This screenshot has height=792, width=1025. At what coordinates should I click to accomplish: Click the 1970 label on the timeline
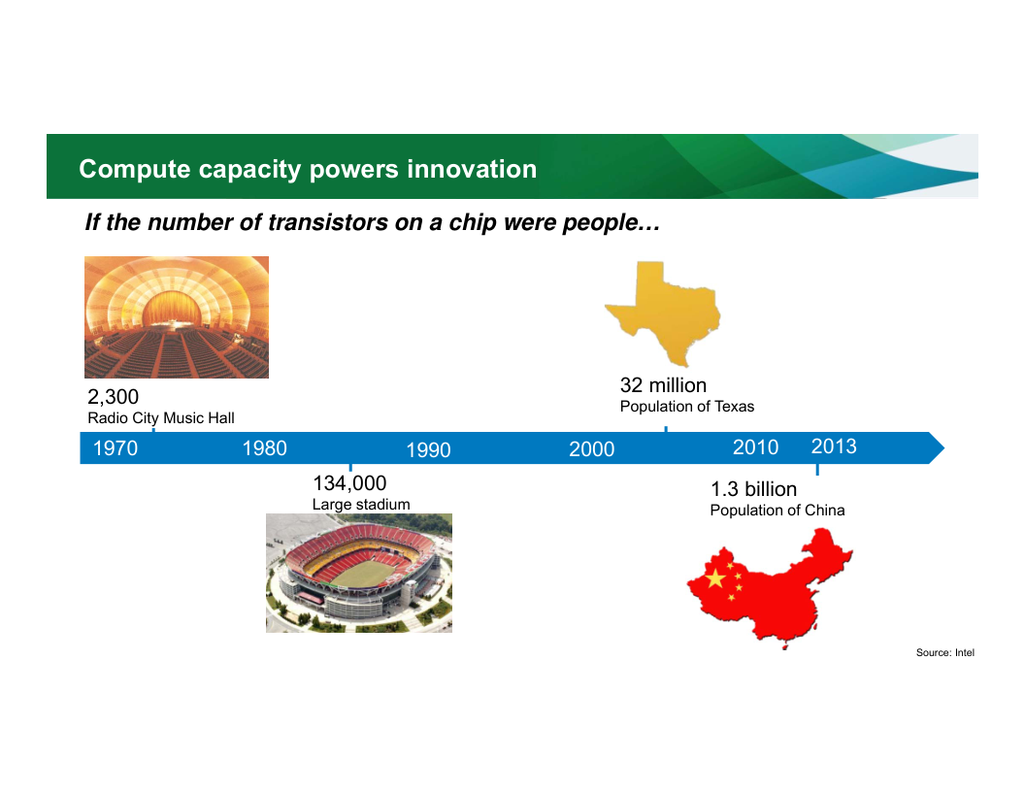point(116,448)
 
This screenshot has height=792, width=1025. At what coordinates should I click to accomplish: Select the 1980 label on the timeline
point(265,448)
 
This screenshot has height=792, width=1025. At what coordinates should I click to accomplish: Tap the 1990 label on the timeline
point(428,450)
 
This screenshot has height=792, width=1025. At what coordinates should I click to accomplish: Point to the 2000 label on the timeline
point(591,449)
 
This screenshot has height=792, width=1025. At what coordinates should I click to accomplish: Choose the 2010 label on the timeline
point(756,447)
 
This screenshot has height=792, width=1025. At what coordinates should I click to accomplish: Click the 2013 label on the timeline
point(834,446)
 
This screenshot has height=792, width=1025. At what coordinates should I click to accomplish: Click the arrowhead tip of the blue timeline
point(943,448)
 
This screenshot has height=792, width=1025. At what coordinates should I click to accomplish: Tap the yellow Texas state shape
point(664,311)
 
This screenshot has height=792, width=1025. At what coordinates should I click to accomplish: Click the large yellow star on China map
point(715,578)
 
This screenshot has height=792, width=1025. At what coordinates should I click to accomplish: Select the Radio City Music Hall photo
point(177,317)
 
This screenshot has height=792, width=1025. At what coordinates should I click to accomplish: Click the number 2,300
point(114,397)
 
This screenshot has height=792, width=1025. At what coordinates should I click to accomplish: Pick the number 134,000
point(349,483)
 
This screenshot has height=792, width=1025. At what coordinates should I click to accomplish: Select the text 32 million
point(664,385)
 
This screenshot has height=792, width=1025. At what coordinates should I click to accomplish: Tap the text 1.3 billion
point(754,489)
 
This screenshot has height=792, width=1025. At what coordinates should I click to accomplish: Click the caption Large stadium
point(361,505)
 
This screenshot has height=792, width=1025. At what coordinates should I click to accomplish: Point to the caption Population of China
point(777,511)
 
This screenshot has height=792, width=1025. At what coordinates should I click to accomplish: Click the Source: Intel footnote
point(945,652)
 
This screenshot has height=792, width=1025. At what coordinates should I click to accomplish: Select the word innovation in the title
point(472,169)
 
